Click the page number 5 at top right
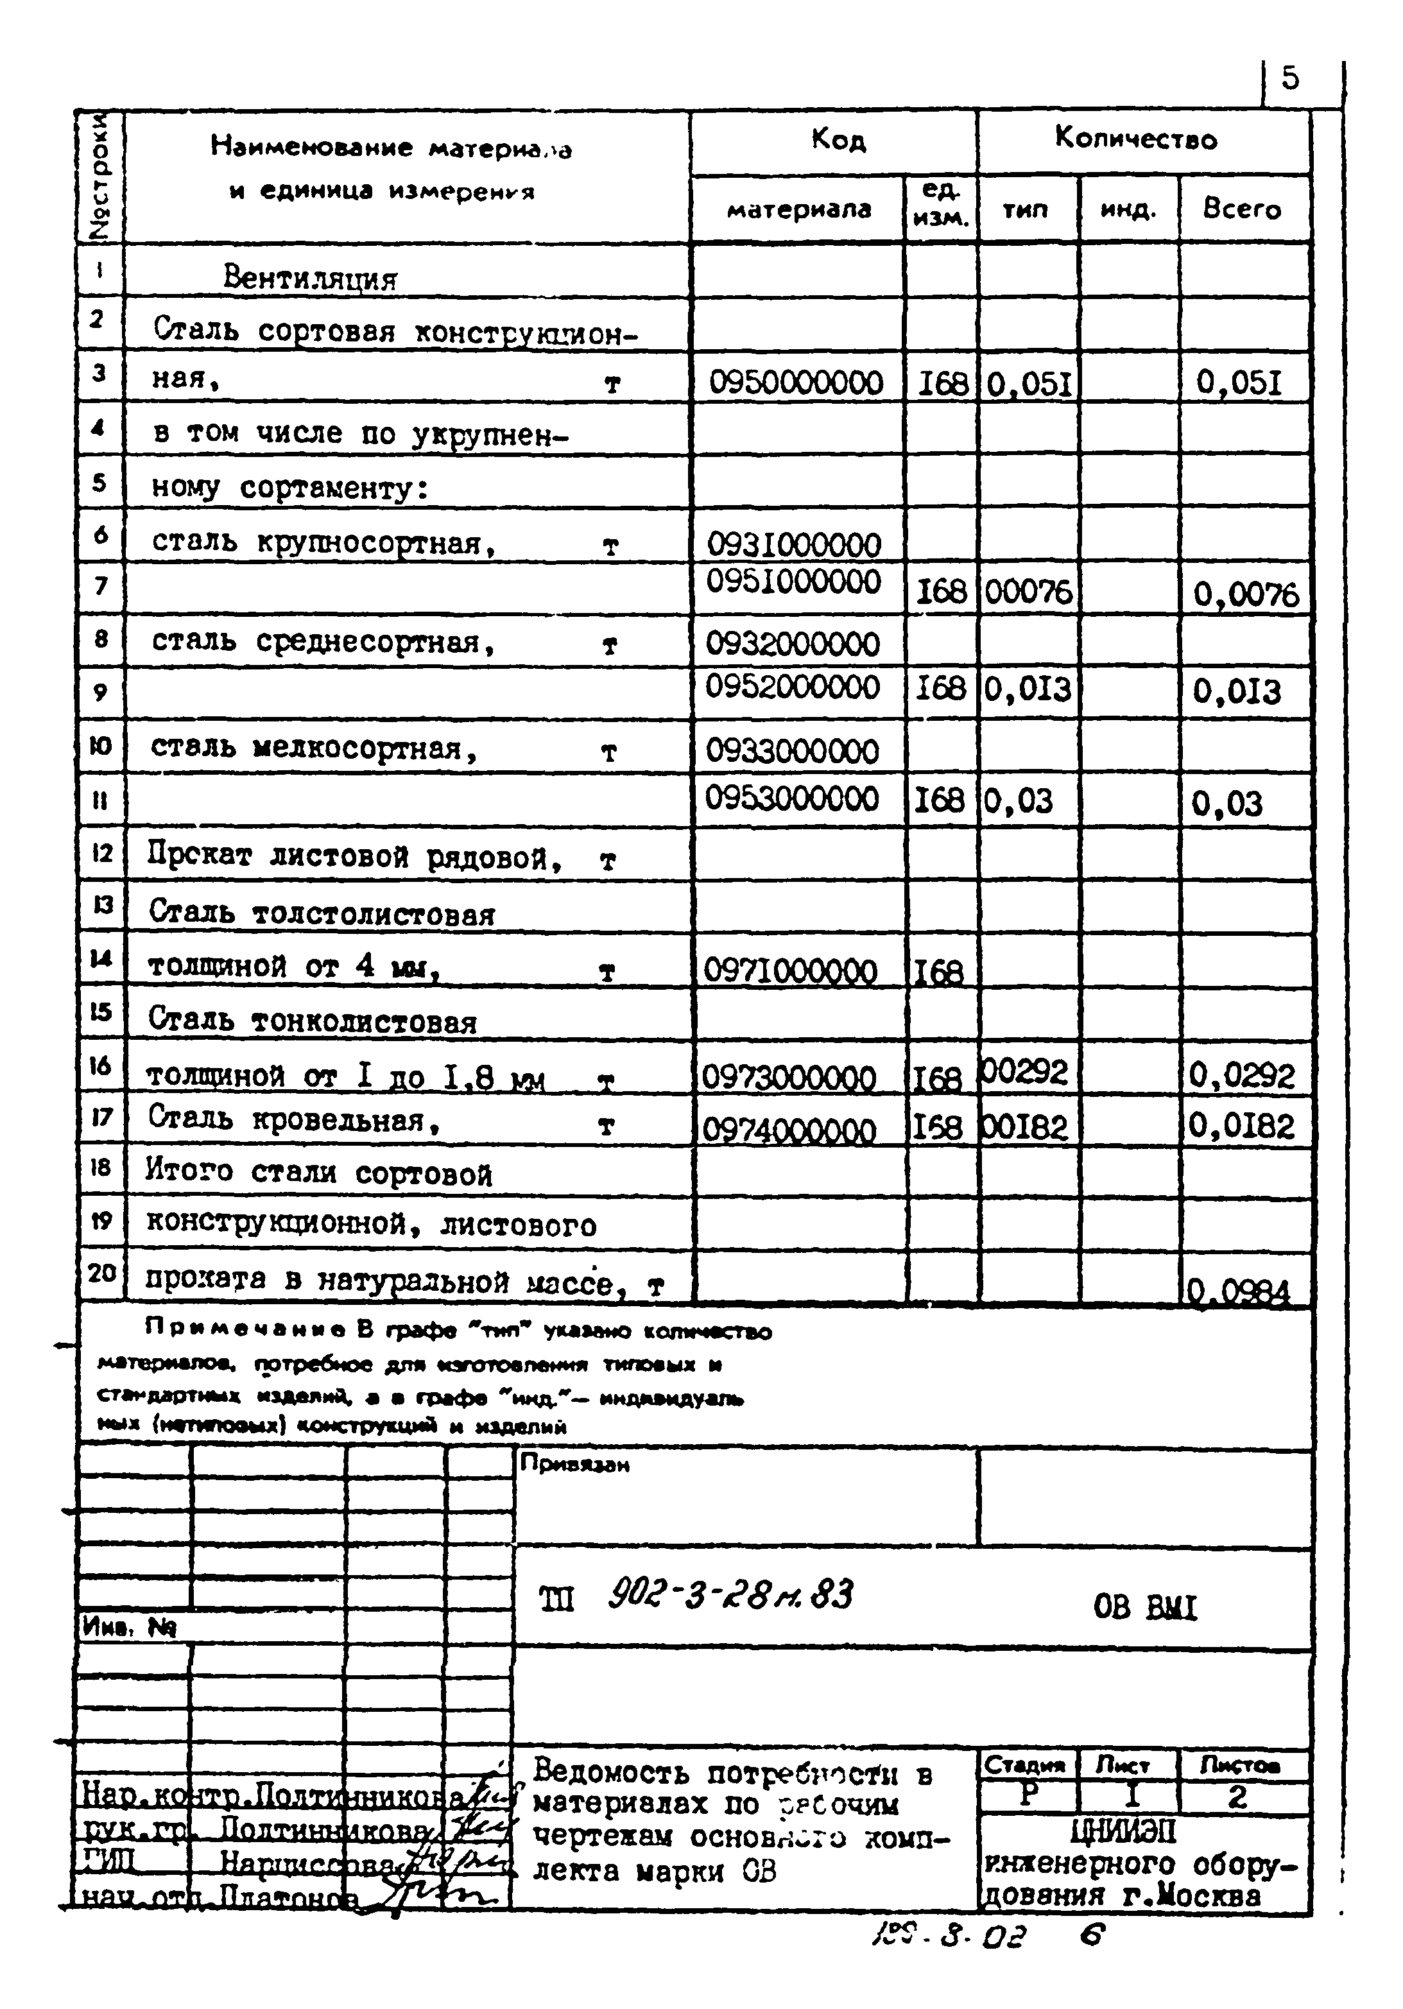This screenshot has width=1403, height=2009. click(x=1290, y=79)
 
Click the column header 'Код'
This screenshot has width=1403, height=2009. click(x=838, y=140)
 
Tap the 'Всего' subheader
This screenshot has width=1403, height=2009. click(x=1241, y=209)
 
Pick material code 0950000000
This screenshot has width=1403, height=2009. click(x=795, y=383)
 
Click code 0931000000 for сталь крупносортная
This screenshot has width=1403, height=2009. click(x=793, y=544)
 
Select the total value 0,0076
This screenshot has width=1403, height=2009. click(x=1246, y=595)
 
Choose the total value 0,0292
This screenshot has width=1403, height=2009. click(x=1241, y=1074)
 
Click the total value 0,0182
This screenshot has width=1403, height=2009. click(x=1241, y=1126)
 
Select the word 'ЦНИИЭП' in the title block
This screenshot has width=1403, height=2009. click(x=1123, y=1831)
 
